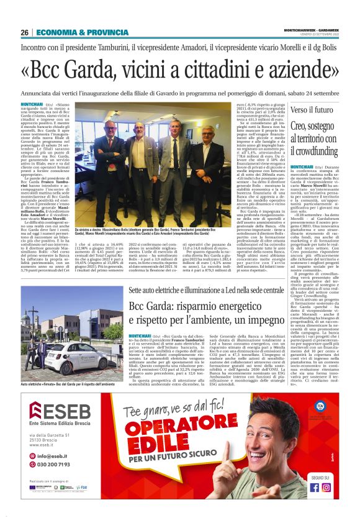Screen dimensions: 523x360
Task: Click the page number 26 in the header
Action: (25, 32)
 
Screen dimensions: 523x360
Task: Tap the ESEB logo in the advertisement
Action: (60, 414)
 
